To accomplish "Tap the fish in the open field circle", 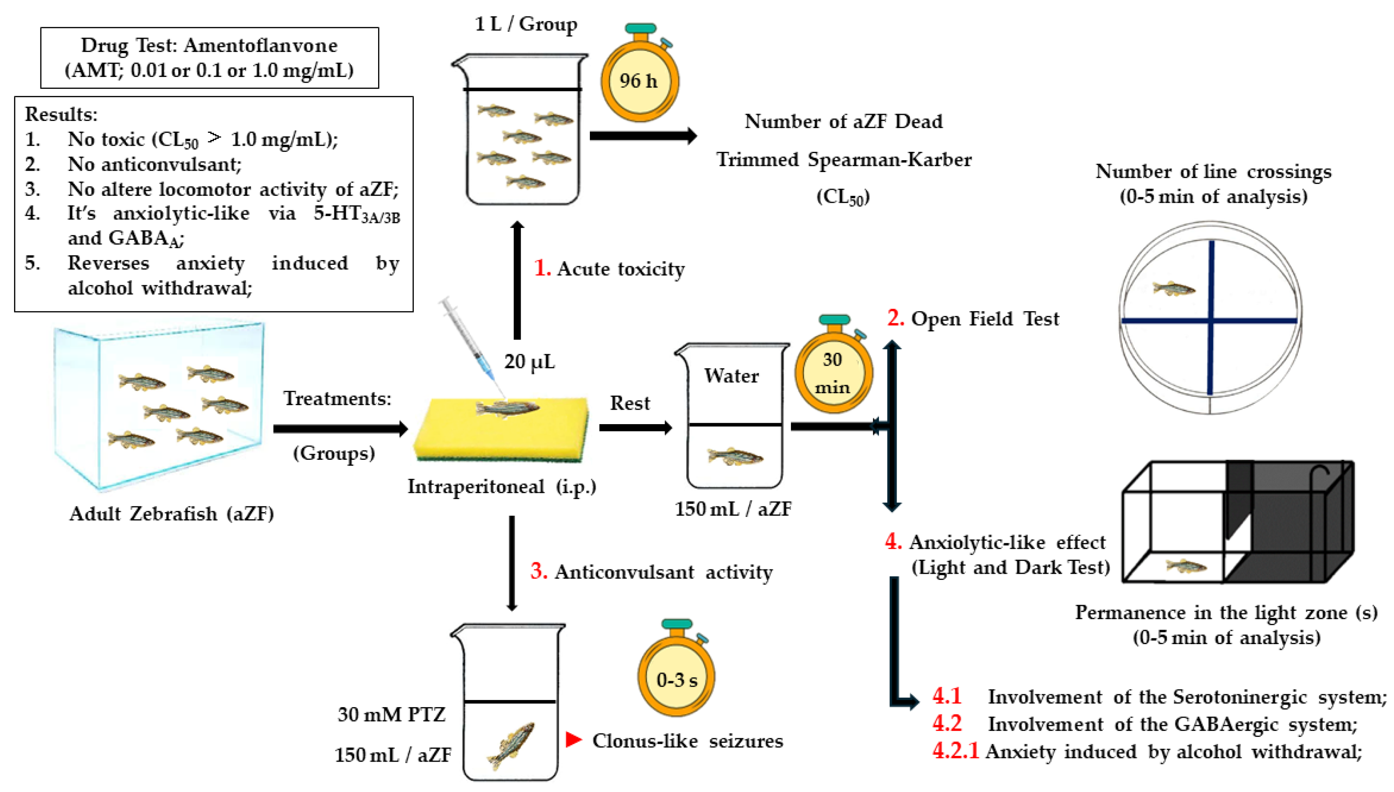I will (x=1173, y=289).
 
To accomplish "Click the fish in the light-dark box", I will (x=1186, y=566).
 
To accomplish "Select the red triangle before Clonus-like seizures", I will (x=573, y=740).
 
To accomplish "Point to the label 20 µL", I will (x=529, y=362).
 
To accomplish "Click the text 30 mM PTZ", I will (x=391, y=714).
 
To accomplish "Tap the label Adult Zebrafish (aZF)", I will (x=171, y=513).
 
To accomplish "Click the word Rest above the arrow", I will (x=629, y=403).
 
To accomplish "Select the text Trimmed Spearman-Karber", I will (x=843, y=159).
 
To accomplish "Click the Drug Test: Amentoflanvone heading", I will (x=209, y=46).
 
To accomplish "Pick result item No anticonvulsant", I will (x=154, y=164).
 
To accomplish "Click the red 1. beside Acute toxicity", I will (x=542, y=268).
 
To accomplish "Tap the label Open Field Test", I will (x=985, y=319).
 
